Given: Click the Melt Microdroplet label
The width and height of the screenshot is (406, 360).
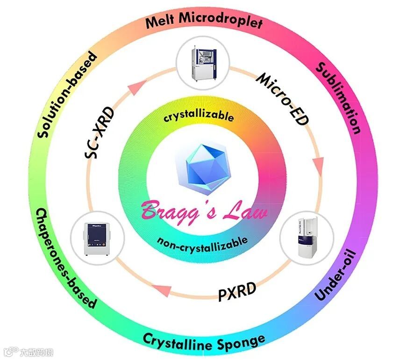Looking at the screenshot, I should [x=203, y=21].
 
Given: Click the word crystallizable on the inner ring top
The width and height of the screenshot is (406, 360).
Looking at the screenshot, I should [x=198, y=116].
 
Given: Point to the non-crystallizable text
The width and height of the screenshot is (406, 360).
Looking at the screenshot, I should [x=202, y=242].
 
